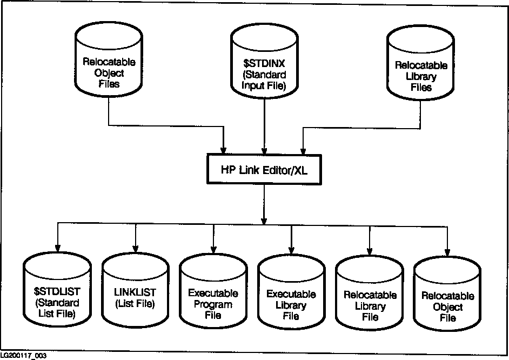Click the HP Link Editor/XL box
(264, 168)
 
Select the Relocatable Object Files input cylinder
(109, 62)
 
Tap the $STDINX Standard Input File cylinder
(265, 62)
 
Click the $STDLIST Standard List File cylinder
(57, 295)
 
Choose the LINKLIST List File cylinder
(135, 295)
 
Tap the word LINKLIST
(135, 292)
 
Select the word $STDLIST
(57, 292)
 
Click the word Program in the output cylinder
(213, 304)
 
